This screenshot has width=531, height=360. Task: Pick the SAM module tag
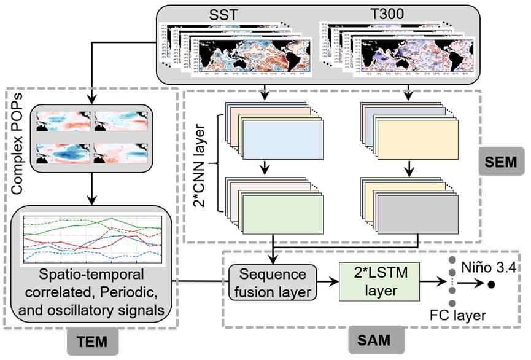[x=373, y=338]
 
